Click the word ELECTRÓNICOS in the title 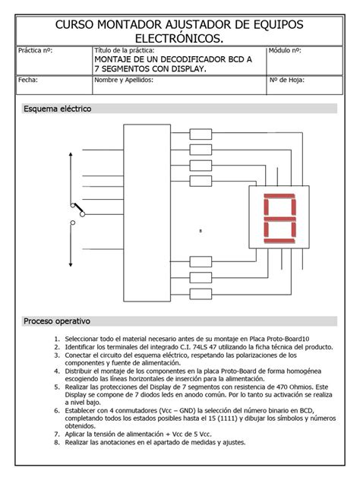(x=179, y=38)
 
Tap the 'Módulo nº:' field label (x=286, y=50)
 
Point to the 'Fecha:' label (x=27, y=79)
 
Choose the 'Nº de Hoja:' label (x=287, y=79)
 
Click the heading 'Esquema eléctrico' (x=58, y=109)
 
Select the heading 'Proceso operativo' (x=57, y=321)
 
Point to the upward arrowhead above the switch (x=71, y=152)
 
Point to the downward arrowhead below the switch (x=71, y=266)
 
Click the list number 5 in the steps (x=56, y=386)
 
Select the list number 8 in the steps (x=56, y=442)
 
